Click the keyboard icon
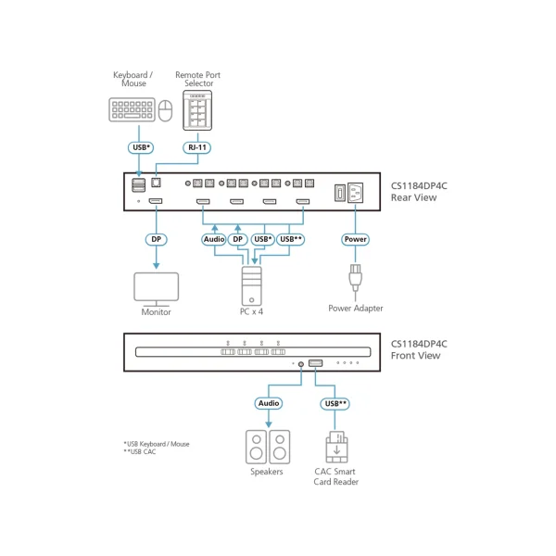(132, 109)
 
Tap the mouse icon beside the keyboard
(165, 110)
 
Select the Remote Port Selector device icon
(197, 110)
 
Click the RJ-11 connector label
(197, 147)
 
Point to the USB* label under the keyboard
(141, 147)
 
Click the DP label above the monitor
(157, 239)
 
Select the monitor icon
(157, 289)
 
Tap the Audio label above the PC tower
(214, 239)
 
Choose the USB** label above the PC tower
(291, 239)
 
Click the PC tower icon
(252, 285)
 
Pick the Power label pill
(355, 239)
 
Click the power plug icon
(355, 278)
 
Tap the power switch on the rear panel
(340, 194)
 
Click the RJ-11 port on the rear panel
(156, 183)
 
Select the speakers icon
(268, 448)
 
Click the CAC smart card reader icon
(336, 448)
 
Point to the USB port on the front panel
(315, 363)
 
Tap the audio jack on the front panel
(301, 364)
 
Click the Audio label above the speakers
(269, 403)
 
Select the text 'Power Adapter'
(355, 309)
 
